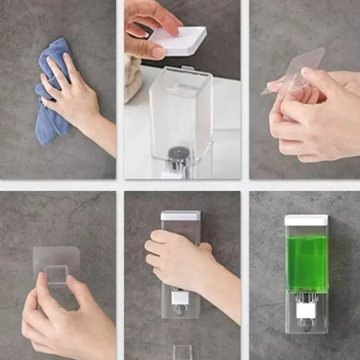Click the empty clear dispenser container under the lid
click(x=180, y=112)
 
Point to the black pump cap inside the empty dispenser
click(x=176, y=153)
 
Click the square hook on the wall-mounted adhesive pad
click(x=56, y=274)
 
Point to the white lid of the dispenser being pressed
click(x=180, y=216)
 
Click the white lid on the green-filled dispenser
click(x=306, y=220)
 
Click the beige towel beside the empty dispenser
click(x=132, y=76)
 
